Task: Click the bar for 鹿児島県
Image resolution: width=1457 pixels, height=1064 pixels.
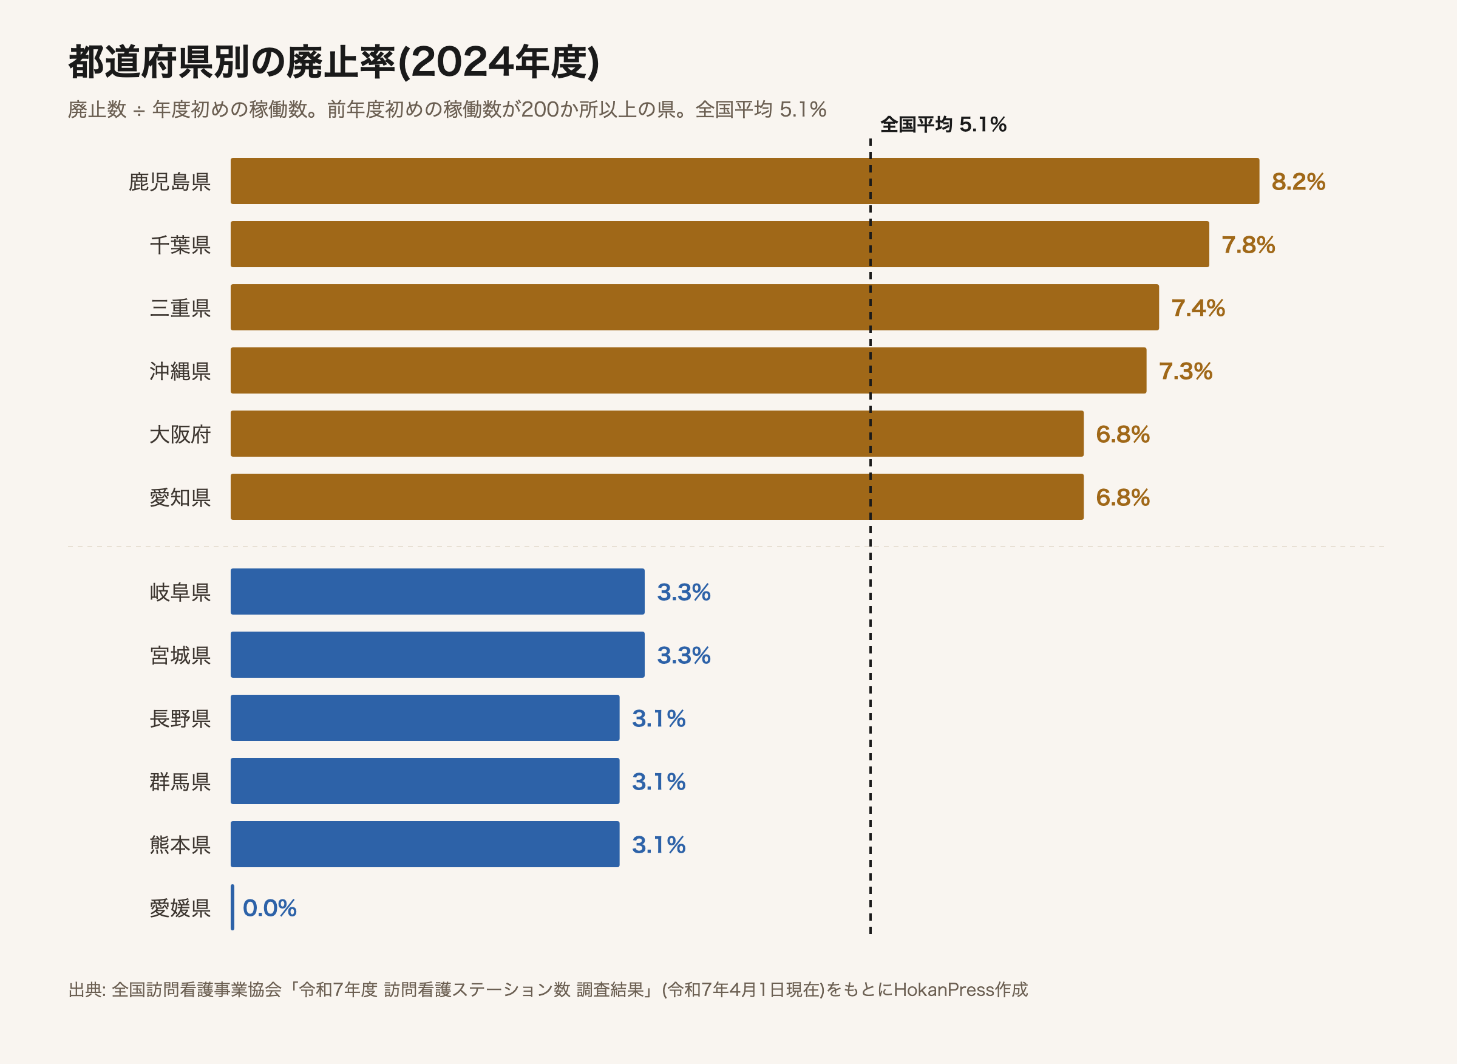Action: tap(745, 181)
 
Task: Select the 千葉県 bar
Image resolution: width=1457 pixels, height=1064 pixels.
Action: tap(720, 244)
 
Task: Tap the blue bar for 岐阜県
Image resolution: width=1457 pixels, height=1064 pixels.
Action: tap(438, 592)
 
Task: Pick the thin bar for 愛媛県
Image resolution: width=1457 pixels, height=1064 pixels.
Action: tap(233, 907)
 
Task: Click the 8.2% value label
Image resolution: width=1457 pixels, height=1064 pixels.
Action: tap(1298, 182)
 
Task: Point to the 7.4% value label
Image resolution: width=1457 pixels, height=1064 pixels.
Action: tap(1198, 308)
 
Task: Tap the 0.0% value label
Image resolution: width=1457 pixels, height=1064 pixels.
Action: tap(269, 907)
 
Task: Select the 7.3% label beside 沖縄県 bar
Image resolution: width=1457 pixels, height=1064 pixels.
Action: tap(1185, 371)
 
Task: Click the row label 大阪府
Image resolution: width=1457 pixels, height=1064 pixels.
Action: tap(180, 434)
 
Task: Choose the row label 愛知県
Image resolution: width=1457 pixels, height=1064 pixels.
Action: tap(180, 497)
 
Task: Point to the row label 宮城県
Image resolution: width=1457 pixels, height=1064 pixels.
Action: tap(180, 655)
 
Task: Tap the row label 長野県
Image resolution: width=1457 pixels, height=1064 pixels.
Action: tap(180, 718)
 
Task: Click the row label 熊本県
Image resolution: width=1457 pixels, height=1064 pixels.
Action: tap(180, 844)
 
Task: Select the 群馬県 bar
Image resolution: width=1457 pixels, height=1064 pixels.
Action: tap(425, 780)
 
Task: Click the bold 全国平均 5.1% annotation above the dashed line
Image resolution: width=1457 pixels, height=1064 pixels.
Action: tap(943, 124)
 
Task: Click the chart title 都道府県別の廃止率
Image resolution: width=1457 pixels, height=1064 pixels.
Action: tap(232, 63)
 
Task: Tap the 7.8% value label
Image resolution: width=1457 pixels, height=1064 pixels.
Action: tap(1248, 245)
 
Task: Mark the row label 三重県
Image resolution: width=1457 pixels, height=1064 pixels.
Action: tap(180, 308)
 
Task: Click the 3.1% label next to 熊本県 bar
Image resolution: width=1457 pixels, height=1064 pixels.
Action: tap(658, 844)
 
